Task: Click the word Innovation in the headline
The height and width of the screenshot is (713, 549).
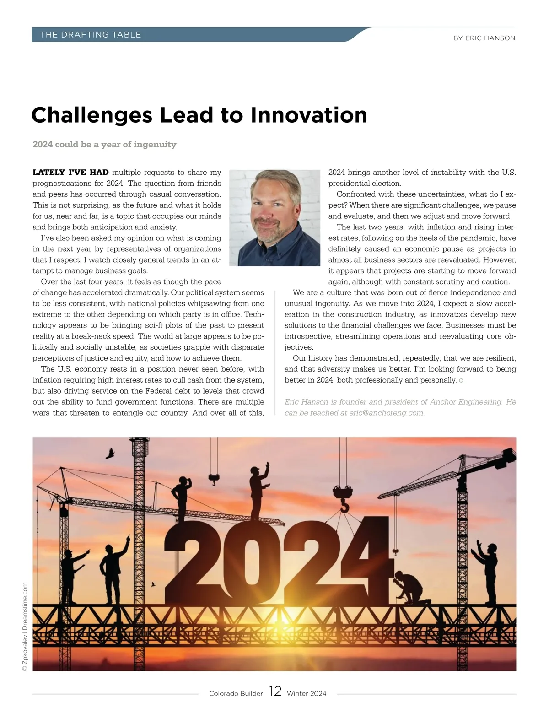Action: pyautogui.click(x=309, y=115)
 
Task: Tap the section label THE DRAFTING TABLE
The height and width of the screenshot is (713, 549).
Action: pyautogui.click(x=91, y=35)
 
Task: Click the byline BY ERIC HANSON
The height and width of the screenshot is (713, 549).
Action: pyautogui.click(x=484, y=38)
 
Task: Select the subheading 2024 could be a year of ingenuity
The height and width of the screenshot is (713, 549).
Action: pyautogui.click(x=104, y=145)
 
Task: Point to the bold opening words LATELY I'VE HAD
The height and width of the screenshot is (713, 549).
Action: pyautogui.click(x=70, y=173)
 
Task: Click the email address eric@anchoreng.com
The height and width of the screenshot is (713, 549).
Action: pyautogui.click(x=387, y=413)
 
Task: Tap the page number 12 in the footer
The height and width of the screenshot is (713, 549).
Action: pyautogui.click(x=275, y=691)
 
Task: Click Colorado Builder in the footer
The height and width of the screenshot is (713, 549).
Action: pyautogui.click(x=236, y=694)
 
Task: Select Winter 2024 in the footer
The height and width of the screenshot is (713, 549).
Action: pyautogui.click(x=307, y=694)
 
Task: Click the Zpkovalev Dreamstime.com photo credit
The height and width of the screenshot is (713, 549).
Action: pyautogui.click(x=25, y=626)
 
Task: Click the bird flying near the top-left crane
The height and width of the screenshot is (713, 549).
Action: pyautogui.click(x=110, y=453)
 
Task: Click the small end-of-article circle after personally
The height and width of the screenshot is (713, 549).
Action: pyautogui.click(x=461, y=380)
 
